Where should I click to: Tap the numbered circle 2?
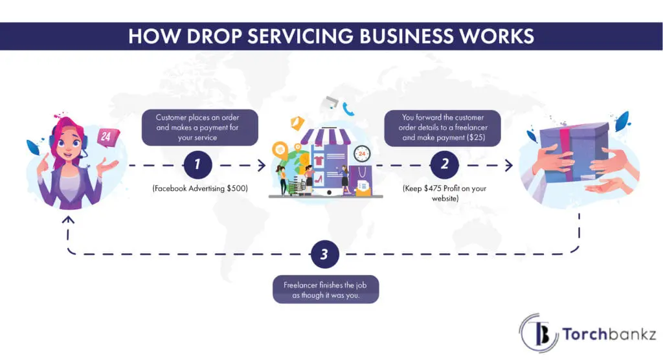[444, 165]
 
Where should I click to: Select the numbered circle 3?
[324, 254]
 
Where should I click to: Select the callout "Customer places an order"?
[199, 128]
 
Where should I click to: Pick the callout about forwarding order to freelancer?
[444, 128]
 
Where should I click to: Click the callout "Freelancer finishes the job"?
[325, 290]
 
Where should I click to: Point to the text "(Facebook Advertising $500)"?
[200, 188]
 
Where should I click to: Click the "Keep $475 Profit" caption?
[444, 194]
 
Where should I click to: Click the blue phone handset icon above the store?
[349, 109]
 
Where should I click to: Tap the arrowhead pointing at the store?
[262, 166]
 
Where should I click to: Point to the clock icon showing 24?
[361, 154]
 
